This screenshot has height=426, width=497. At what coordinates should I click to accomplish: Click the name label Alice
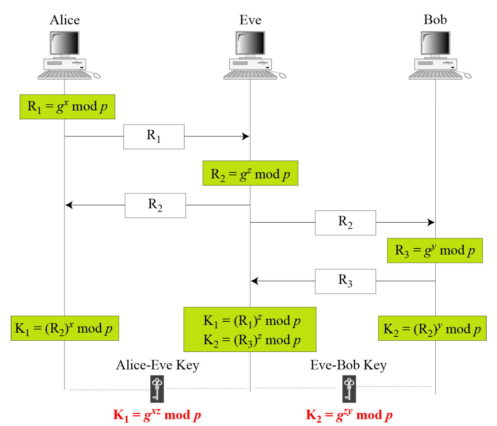coord(65,20)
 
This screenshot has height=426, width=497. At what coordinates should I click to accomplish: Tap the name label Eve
coord(250,20)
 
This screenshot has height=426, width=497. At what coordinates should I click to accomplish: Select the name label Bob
coord(435,20)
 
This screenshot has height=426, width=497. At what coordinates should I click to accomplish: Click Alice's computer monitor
coord(64,43)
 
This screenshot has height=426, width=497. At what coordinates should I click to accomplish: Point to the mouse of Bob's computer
coord(468,76)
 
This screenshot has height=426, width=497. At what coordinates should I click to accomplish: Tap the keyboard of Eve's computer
coord(250,75)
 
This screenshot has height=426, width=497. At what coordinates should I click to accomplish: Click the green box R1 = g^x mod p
coord(67,106)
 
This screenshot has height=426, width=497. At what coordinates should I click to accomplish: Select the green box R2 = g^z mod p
coord(250,173)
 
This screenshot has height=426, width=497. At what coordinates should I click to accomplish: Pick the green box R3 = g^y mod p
coord(434,250)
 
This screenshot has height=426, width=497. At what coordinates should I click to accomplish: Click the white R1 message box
coord(154,137)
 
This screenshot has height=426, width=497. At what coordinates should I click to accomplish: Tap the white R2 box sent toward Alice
coord(155,205)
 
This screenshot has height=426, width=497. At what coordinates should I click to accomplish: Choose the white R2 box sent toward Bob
coord(345,223)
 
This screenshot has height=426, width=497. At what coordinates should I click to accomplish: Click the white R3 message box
coord(345,281)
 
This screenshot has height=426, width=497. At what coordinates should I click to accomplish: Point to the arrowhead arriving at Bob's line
coord(431,222)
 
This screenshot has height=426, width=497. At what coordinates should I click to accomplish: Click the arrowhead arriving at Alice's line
coord(69,205)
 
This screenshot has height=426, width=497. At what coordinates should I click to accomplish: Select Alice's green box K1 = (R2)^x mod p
coord(64,328)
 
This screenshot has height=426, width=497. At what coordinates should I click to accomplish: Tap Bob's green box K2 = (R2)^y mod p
coord(432,329)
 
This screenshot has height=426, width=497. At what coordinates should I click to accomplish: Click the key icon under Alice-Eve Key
coord(157,389)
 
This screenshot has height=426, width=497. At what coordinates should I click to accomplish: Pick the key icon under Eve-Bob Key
coord(349,389)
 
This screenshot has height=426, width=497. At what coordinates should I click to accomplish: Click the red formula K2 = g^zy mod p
coord(349,415)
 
